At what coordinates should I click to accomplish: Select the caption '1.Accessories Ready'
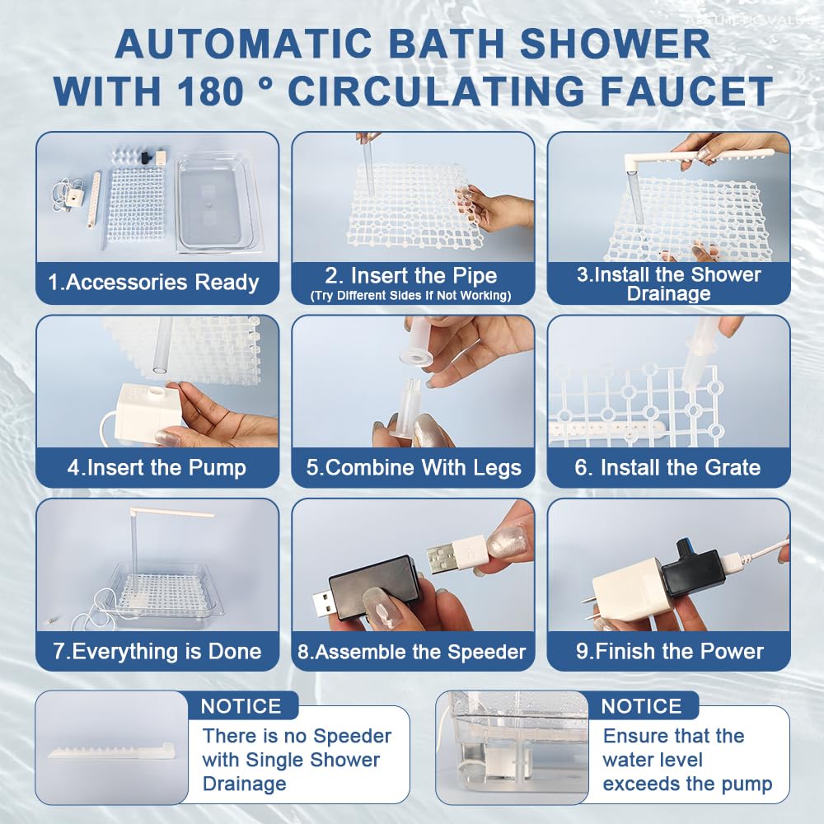pos(153,283)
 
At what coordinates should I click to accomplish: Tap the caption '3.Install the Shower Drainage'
pos(668,284)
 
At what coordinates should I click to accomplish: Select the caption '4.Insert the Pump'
pos(157,468)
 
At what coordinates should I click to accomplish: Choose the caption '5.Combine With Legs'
pos(414,468)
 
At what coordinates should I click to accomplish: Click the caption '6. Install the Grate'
pos(667,468)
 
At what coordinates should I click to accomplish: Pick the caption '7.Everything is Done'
pos(157,651)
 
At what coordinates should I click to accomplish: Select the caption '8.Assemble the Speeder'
pos(412,652)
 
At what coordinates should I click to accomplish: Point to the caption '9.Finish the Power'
pos(669,651)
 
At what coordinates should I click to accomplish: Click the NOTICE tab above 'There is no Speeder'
pos(241,706)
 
